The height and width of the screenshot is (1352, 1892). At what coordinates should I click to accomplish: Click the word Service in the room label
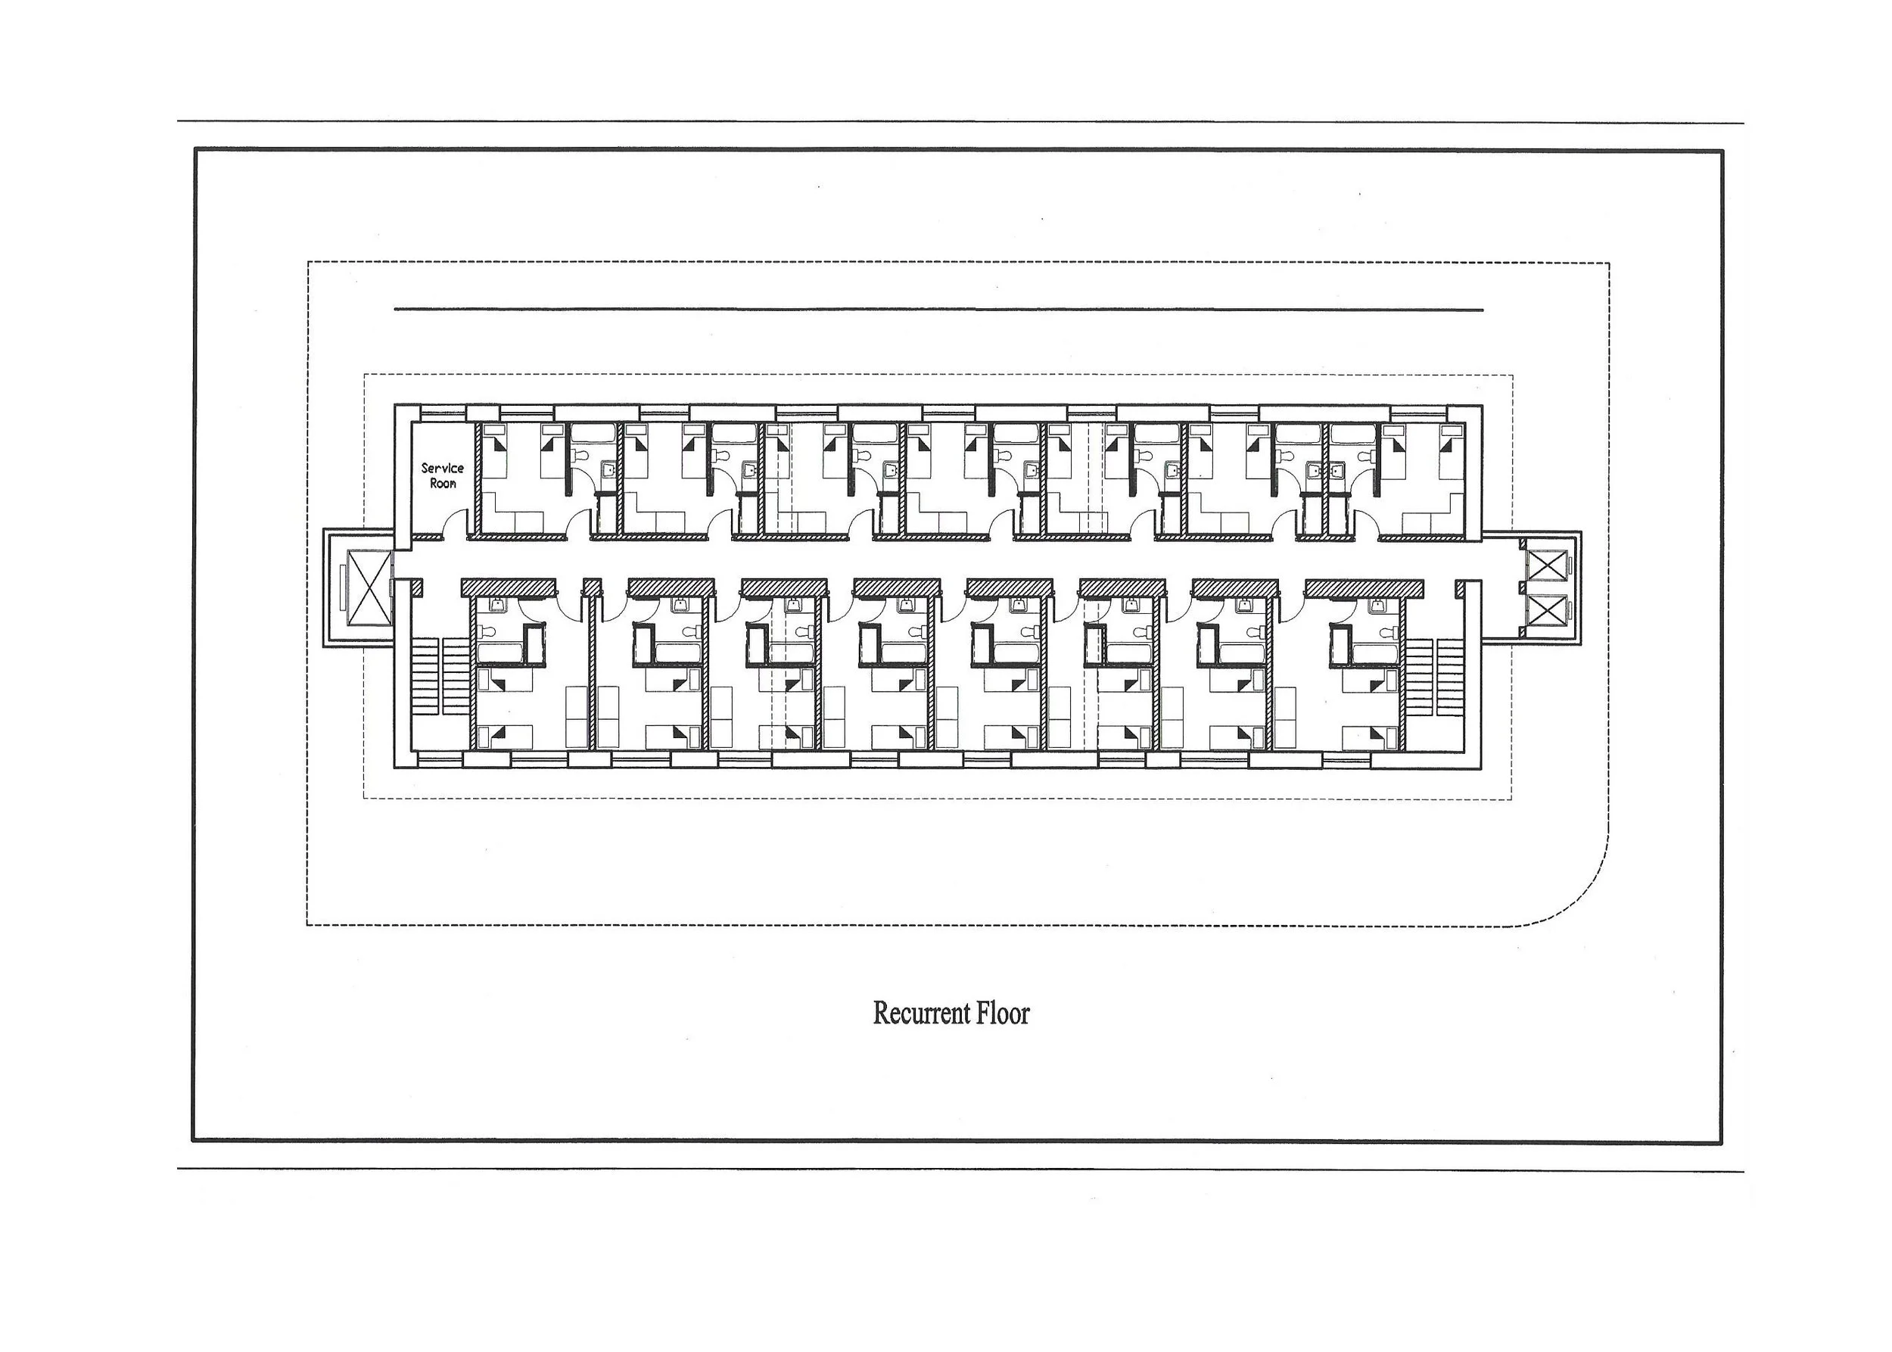pos(442,468)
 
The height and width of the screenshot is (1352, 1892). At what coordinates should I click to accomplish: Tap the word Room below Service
pos(443,484)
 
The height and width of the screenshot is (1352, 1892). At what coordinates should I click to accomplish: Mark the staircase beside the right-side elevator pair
pos(1436,676)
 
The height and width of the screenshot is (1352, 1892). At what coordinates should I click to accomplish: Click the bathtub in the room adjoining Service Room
pos(593,433)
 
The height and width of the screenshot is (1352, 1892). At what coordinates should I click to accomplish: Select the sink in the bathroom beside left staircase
pos(498,603)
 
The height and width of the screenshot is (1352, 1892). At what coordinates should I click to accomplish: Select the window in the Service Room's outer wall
pos(442,412)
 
